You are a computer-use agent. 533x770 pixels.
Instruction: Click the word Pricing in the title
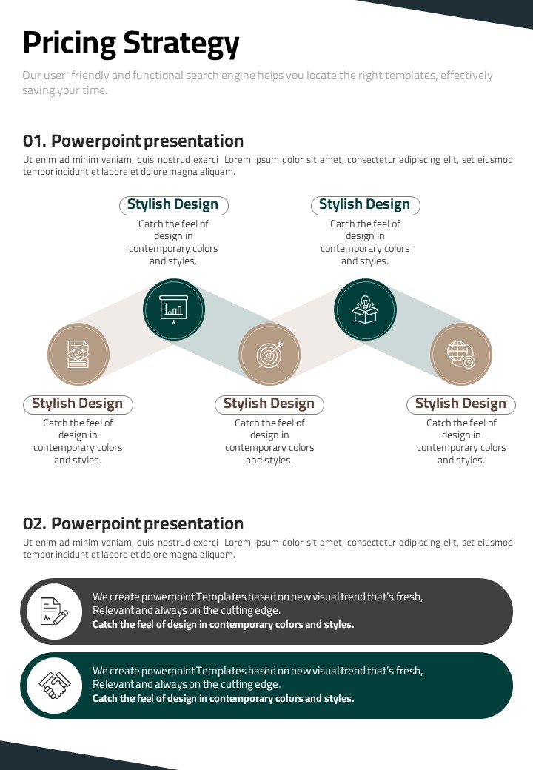69,44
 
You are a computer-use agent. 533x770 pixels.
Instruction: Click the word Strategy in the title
181,44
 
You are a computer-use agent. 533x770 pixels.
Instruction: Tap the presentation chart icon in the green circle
174,309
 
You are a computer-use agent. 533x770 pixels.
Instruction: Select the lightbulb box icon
365,309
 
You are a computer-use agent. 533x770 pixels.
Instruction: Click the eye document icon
78,354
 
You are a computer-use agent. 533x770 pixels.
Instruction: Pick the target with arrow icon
269,354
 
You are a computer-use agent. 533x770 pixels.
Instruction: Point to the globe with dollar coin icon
461,354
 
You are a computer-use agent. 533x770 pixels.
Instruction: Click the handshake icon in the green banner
55,685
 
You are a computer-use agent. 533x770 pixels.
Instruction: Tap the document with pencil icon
55,612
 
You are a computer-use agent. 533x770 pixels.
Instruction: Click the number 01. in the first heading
34,141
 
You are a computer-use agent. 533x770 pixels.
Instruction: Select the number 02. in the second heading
34,524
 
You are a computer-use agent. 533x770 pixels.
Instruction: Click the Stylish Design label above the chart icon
172,204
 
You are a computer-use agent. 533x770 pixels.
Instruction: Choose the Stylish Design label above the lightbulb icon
364,204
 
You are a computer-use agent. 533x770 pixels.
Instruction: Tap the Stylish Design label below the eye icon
77,404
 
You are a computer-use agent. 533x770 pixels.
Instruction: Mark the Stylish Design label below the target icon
269,404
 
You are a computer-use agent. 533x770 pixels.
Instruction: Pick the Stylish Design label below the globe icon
460,404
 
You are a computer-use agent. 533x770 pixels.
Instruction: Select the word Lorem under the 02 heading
238,543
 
